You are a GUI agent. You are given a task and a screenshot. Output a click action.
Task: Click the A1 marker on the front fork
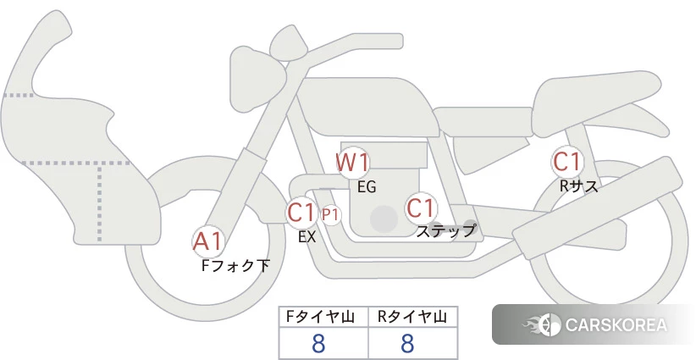click(208, 242)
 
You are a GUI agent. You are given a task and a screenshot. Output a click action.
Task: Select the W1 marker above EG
click(352, 163)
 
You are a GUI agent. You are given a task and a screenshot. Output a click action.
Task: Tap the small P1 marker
click(331, 215)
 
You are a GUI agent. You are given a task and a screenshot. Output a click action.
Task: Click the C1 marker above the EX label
click(301, 212)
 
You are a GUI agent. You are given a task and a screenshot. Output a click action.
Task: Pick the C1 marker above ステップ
click(421, 208)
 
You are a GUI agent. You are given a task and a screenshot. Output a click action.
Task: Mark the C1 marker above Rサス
click(566, 162)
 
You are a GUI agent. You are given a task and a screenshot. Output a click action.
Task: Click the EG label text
click(367, 187)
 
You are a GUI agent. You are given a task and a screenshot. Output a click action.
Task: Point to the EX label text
click(307, 237)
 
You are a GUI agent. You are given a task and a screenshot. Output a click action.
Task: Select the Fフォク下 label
click(235, 266)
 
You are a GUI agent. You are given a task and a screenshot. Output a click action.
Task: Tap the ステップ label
click(445, 231)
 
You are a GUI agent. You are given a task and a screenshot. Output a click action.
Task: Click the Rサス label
click(578, 186)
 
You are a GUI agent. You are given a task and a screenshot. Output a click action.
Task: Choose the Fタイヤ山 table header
click(320, 317)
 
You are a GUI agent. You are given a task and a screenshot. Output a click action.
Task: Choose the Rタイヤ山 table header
click(412, 317)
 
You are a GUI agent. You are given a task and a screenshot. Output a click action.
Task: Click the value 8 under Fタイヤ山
click(318, 344)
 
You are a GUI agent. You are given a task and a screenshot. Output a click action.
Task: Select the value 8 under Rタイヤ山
click(407, 344)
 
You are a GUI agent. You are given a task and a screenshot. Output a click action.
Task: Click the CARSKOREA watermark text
click(616, 324)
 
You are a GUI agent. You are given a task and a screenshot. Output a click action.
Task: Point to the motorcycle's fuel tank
click(368, 107)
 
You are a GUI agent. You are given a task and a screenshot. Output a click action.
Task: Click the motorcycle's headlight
click(257, 80)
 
